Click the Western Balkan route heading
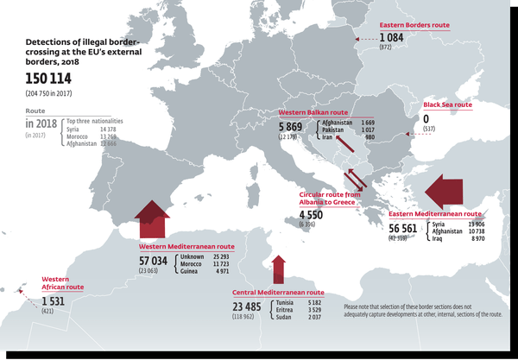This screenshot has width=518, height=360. click(313, 112)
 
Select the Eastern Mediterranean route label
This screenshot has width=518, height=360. click(435, 213)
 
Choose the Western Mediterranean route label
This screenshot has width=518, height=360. click(182, 245)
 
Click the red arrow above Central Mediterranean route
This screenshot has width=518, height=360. click(278, 268)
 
